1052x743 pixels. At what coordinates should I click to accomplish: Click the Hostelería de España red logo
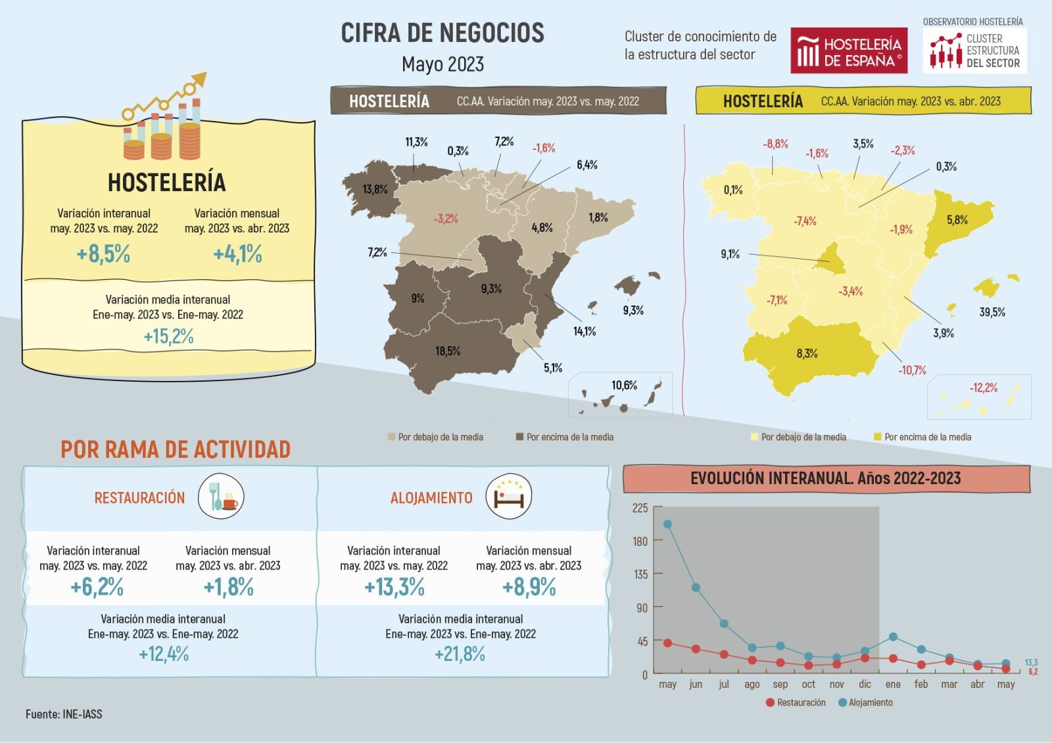[848, 51]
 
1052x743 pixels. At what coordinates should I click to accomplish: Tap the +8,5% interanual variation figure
[103, 254]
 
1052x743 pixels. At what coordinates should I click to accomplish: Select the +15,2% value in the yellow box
[168, 336]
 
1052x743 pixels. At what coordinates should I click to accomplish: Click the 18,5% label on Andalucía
[447, 351]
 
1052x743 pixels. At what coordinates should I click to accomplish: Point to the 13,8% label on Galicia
[375, 190]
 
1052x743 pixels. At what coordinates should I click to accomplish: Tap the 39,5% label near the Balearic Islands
[992, 312]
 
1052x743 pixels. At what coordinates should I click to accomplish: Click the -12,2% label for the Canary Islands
[983, 388]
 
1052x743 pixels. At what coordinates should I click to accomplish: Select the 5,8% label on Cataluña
[957, 220]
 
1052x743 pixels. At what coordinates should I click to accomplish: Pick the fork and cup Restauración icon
[221, 497]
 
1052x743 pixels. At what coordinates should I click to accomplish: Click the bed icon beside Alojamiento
[508, 497]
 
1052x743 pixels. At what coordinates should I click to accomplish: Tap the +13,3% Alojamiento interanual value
[394, 587]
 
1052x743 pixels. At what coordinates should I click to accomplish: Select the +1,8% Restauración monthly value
[228, 587]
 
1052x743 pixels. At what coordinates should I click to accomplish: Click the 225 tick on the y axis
[640, 508]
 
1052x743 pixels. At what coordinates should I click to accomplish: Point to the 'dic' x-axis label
[864, 684]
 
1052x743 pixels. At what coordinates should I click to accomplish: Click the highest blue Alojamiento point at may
[667, 524]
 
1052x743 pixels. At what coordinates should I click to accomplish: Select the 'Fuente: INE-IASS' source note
[64, 714]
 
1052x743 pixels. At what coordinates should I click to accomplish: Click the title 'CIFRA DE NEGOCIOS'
[442, 33]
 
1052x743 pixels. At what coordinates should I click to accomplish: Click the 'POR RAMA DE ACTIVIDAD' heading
[176, 449]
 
